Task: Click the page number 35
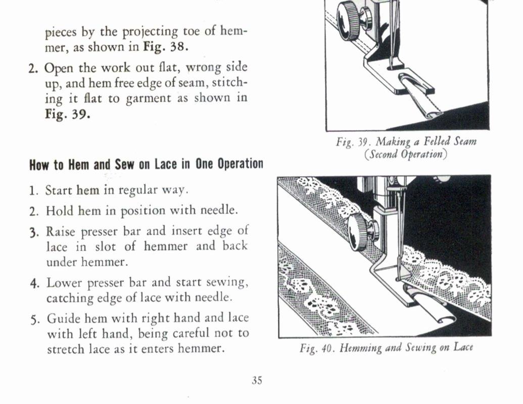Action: [x=257, y=381]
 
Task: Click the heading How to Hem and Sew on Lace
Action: [x=146, y=165]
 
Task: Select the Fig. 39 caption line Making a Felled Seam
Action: [x=406, y=142]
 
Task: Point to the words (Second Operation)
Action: [x=406, y=154]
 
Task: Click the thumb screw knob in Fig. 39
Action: [x=349, y=20]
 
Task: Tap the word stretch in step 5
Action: [x=65, y=349]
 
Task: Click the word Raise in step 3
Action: [x=61, y=231]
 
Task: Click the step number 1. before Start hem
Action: [x=33, y=191]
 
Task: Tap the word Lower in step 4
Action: [x=63, y=283]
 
